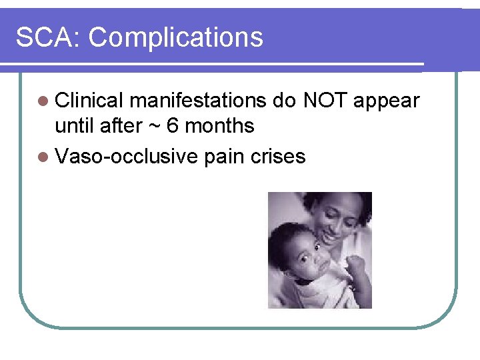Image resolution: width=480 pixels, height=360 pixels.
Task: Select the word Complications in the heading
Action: tap(176, 38)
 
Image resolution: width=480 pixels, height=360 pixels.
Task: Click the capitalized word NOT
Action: tap(326, 101)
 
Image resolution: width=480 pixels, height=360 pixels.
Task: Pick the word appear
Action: tap(387, 102)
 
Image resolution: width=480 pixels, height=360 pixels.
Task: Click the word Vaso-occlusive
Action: tap(127, 157)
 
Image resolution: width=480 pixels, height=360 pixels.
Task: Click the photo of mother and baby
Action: tap(319, 250)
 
